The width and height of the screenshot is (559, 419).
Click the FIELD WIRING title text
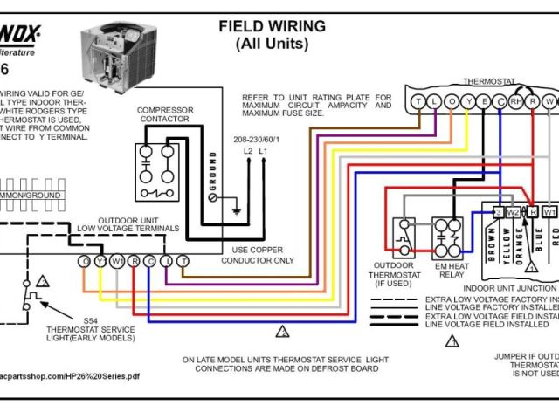[271, 27]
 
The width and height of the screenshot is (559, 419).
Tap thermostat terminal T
[418, 102]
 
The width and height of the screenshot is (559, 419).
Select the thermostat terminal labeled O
[451, 102]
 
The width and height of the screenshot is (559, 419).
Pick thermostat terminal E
[483, 102]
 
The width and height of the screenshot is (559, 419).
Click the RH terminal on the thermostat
[515, 102]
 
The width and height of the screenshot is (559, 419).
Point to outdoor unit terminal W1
[117, 261]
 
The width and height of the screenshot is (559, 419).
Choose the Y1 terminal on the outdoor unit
[100, 261]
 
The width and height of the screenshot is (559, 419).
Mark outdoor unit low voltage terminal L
[167, 261]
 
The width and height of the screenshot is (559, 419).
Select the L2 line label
[248, 151]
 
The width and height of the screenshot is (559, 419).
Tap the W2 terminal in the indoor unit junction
[514, 212]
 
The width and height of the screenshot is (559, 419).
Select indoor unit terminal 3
[497, 212]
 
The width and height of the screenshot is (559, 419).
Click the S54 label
[90, 320]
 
